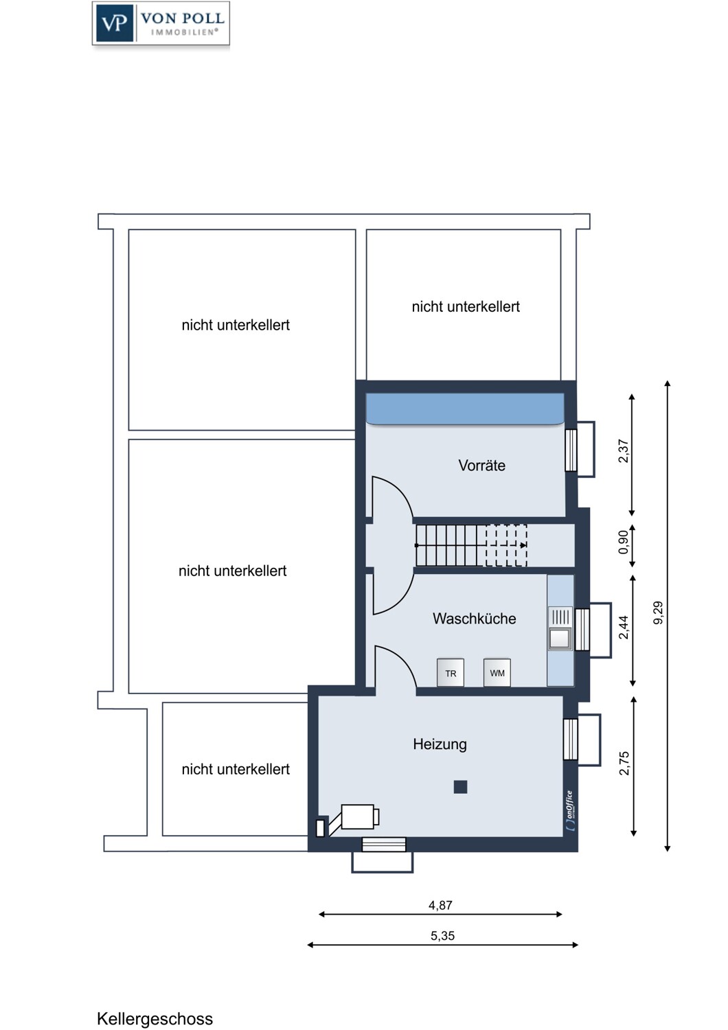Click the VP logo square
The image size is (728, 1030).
coord(115,23)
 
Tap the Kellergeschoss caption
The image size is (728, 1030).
coord(155,1018)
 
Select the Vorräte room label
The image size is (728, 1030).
coord(481,466)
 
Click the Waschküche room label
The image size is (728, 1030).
coord(474,619)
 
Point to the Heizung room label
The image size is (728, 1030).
coord(440,744)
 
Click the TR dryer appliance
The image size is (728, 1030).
coord(451,673)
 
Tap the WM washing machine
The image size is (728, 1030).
coord(497,673)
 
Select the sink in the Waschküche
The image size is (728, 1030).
coord(560,628)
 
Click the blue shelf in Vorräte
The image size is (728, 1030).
coord(465,409)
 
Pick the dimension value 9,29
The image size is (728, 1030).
coord(659,613)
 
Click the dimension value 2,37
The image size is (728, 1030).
coord(623,451)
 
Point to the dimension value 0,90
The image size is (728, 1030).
coord(623,542)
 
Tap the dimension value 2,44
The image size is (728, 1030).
coord(624,627)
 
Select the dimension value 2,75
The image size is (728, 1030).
coord(624,764)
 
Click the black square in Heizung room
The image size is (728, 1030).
coord(460,787)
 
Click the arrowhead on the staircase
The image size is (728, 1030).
coord(523,545)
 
